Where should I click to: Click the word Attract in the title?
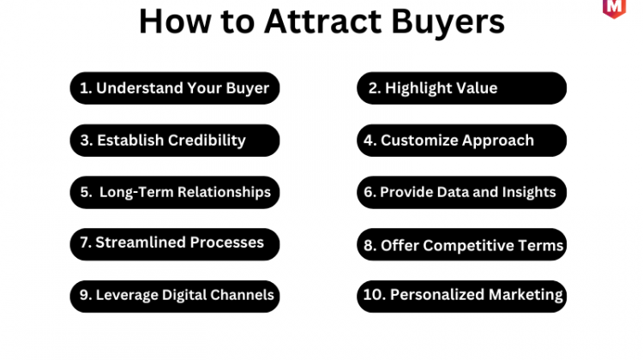322,21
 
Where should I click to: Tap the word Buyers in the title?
448,23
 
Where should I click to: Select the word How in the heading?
175,21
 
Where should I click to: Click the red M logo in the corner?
614,9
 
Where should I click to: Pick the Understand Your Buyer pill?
175,88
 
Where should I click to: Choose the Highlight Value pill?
462,88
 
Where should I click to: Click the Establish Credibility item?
175,141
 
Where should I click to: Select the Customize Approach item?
462,141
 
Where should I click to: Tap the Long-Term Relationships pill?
175,192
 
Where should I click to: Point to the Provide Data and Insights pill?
462,192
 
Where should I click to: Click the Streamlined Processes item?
175,244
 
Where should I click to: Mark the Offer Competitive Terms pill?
462,244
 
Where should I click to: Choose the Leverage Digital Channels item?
175,297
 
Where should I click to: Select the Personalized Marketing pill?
462,297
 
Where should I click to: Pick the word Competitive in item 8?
467,246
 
